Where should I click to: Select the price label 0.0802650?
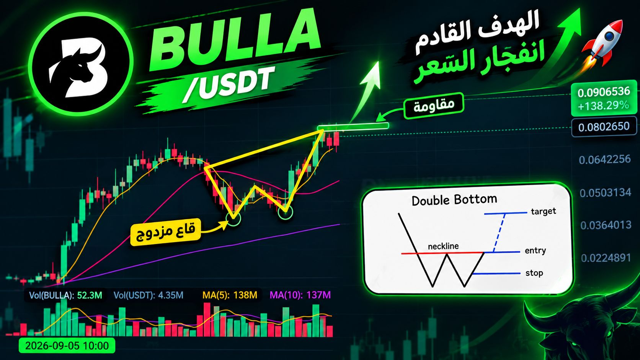click(x=604, y=127)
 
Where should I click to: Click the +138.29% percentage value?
click(x=603, y=106)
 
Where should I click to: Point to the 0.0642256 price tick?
click(x=604, y=159)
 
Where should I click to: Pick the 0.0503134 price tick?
click(x=605, y=193)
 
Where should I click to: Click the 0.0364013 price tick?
click(x=606, y=225)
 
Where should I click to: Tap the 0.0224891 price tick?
click(x=606, y=258)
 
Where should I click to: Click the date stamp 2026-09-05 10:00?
click(x=67, y=346)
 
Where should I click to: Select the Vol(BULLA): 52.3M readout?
click(x=65, y=295)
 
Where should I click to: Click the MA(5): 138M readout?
click(x=230, y=295)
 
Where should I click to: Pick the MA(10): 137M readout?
click(x=300, y=295)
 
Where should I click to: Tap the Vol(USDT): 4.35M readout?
click(x=148, y=295)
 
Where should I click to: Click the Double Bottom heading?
click(x=454, y=200)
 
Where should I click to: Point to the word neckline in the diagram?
click(x=443, y=246)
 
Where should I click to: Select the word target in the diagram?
click(x=544, y=211)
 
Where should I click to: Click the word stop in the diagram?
click(x=534, y=273)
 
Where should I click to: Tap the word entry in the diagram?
click(x=535, y=250)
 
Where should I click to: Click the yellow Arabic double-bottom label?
click(x=165, y=232)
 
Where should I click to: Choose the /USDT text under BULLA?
click(x=227, y=84)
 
